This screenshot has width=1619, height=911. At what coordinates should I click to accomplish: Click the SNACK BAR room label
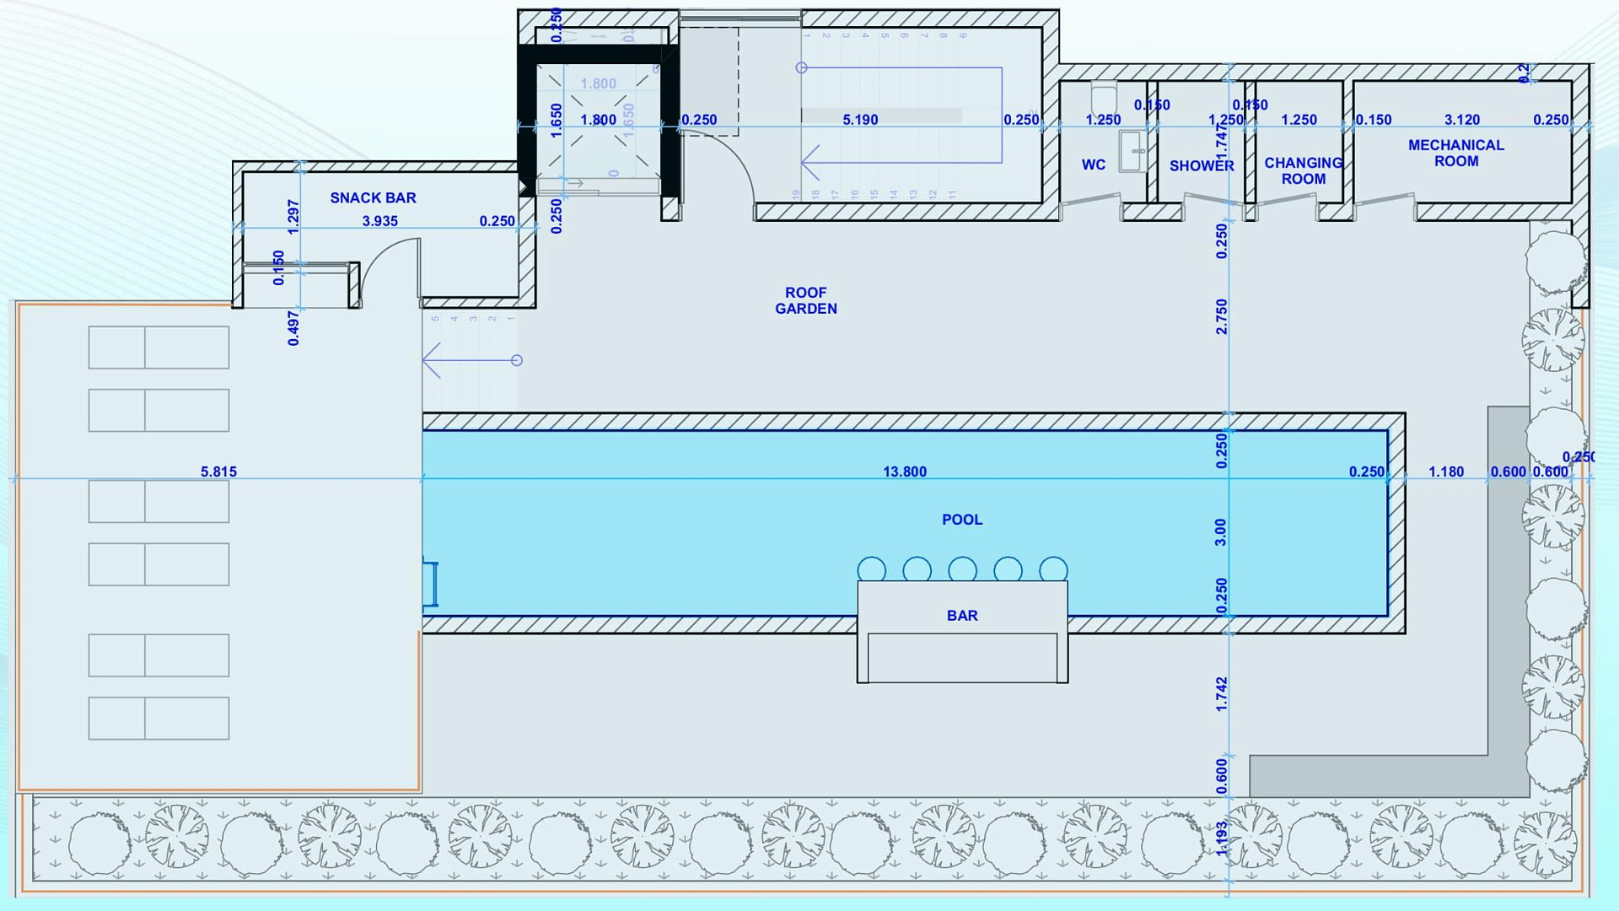pos(373,198)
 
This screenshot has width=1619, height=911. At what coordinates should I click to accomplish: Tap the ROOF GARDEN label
pos(806,301)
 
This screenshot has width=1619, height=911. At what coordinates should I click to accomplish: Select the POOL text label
pos(962,520)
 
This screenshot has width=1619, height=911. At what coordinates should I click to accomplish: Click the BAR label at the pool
pos(962,616)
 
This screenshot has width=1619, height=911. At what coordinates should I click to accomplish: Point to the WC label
pos(1094,165)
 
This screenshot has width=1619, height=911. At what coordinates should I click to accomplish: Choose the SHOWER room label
pos(1202,166)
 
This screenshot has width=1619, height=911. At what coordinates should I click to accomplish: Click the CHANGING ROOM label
pos(1304,171)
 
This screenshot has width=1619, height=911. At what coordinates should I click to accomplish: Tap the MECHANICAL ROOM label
pos(1456,154)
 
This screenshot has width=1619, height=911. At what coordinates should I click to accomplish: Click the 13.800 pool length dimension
pos(905,472)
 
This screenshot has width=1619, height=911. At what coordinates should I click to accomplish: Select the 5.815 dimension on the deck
pos(218,472)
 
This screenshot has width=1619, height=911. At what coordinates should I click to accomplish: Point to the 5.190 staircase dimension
pos(860,120)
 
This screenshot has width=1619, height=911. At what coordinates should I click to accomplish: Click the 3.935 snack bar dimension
pos(379,221)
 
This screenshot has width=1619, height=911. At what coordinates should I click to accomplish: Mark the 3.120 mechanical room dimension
pos(1462,120)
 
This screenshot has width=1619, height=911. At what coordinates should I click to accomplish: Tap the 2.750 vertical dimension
pos(1222,316)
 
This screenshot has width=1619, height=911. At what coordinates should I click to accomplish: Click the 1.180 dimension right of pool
pos(1446,472)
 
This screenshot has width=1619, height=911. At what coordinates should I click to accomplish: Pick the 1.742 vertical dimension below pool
pos(1222,694)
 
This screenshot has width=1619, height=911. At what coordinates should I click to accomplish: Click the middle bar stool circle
pos(962,570)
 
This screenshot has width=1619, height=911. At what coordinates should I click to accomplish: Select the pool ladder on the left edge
pos(431,584)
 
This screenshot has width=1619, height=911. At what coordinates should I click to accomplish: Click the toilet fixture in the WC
pos(1104,94)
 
